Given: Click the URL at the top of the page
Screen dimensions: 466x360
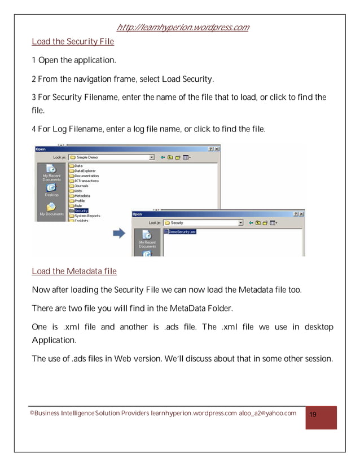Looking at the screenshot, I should point(182,28).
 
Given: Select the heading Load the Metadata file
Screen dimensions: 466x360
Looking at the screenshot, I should point(74,271).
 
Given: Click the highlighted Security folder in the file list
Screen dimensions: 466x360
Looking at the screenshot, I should point(81,210).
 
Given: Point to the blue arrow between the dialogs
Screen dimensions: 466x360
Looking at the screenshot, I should point(119,234).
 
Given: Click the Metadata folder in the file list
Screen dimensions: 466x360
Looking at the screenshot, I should point(82,196).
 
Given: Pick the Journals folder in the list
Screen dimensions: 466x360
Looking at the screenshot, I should point(81,186).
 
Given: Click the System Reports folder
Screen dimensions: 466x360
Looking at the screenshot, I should point(86,216).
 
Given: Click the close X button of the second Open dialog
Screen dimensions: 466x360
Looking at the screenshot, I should point(301,214).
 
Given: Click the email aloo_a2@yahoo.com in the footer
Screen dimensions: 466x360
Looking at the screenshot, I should point(267,414).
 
